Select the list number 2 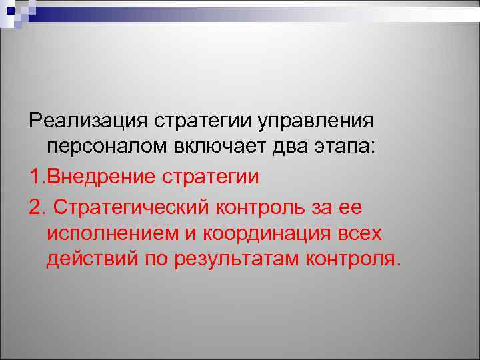point(35,206)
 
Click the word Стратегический point(132,207)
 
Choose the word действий point(93,259)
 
